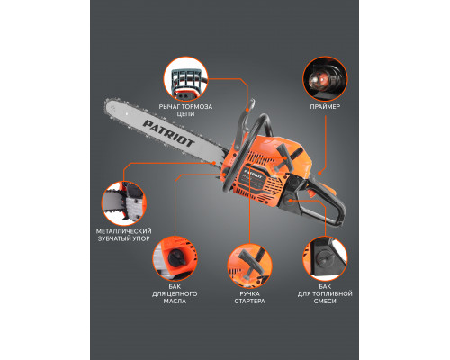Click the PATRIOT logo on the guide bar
click(x=168, y=133)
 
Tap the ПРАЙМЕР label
click(x=325, y=107)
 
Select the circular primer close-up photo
click(x=325, y=78)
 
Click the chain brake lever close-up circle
click(x=186, y=78)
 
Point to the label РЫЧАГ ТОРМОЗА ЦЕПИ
click(x=185, y=111)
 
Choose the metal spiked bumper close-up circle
click(x=124, y=203)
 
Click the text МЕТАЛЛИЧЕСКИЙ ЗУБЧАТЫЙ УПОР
click(x=124, y=235)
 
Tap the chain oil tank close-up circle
click(x=175, y=258)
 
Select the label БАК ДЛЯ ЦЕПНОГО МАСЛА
click(x=175, y=293)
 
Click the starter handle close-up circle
click(x=249, y=266)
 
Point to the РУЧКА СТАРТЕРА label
click(x=249, y=297)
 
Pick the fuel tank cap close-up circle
click(x=325, y=258)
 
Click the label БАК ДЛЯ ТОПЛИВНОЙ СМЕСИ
click(x=325, y=293)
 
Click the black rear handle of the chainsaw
click(x=326, y=204)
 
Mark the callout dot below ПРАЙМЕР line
click(x=319, y=173)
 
